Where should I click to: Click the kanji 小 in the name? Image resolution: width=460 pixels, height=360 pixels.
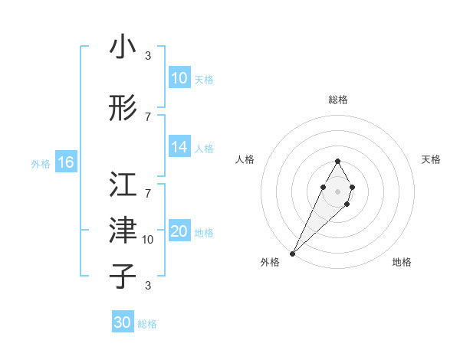[x=123, y=47]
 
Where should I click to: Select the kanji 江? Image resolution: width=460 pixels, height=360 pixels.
[x=123, y=184]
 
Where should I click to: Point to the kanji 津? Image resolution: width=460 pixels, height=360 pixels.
[x=123, y=229]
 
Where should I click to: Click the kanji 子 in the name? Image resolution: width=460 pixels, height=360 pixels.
[x=123, y=276]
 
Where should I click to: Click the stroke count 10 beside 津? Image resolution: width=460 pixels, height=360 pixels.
[x=148, y=240]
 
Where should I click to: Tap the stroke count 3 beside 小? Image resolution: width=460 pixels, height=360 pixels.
[x=148, y=56]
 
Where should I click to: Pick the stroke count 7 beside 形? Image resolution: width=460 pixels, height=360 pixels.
[x=148, y=117]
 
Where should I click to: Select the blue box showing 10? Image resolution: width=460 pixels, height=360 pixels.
[x=179, y=78]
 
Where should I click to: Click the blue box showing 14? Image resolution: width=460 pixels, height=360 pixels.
[x=179, y=147]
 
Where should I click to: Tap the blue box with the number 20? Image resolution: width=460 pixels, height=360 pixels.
[x=179, y=231]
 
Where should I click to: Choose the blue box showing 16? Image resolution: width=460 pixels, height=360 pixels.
[x=66, y=162]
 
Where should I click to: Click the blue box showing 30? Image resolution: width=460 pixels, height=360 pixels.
[x=123, y=322]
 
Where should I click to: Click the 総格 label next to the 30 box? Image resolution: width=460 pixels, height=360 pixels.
[x=147, y=324]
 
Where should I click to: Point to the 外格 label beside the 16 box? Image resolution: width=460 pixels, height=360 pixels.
[x=41, y=163]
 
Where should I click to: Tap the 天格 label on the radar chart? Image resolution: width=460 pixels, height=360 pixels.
[x=432, y=159]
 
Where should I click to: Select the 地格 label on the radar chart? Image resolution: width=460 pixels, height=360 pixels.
[x=402, y=263]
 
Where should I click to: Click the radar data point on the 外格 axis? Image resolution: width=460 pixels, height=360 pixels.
[x=292, y=253]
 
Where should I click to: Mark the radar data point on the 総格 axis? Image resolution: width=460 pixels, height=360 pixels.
[x=337, y=161]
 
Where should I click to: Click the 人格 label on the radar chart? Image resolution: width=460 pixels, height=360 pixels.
[x=245, y=159]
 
